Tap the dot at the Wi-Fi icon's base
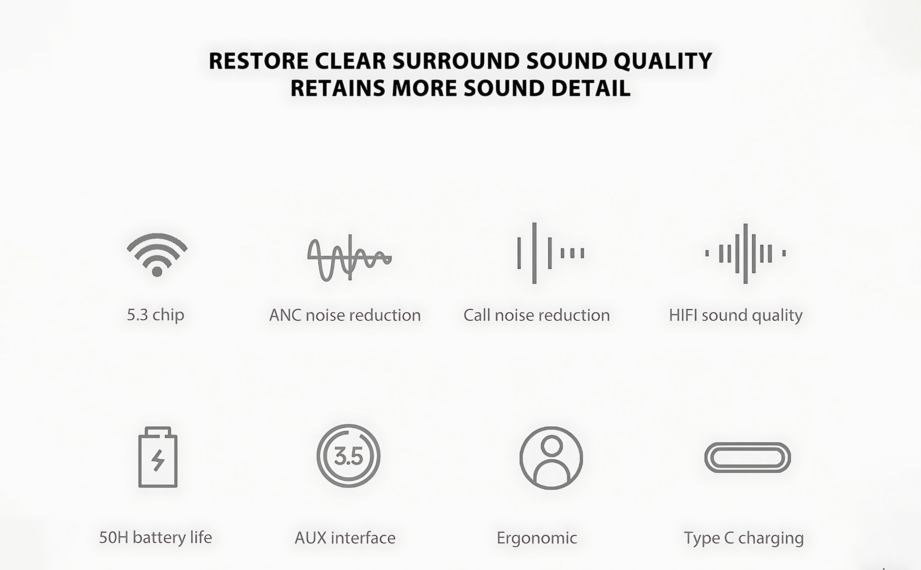pos(157,271)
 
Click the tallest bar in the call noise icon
pos(534,253)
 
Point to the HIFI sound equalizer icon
pos(746,253)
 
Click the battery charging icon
pos(158,457)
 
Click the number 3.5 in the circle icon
pos(349,456)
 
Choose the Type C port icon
pos(748,457)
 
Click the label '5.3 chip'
pos(156,315)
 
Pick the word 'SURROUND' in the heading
pos(456,61)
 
